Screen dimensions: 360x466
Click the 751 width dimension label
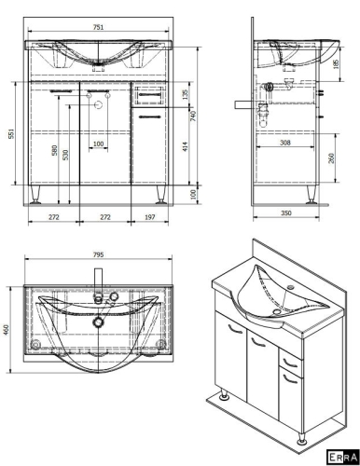98,27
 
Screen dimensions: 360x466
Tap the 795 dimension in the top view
98,254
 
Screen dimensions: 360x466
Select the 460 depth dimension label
7,329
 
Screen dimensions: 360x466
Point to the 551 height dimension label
11,133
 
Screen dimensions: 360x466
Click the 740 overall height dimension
193,116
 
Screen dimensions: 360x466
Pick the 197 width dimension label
150,217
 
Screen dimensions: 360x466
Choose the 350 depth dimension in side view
286,212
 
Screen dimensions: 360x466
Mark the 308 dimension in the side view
285,143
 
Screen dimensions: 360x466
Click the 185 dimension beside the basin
336,63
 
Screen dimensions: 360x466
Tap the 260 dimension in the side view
331,158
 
